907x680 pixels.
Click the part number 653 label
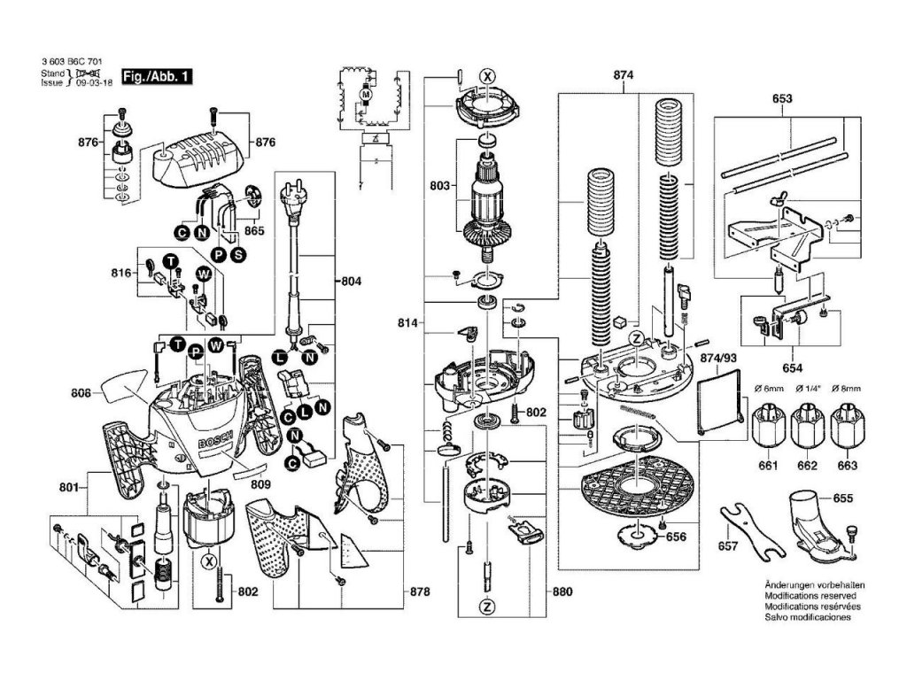pos(781,99)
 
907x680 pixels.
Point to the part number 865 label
pos(255,230)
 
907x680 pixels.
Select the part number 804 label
pos(353,281)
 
